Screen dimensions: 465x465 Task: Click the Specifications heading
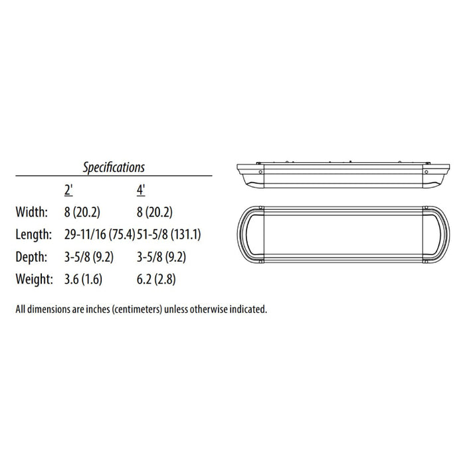[x=114, y=167]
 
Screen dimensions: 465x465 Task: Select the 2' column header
[x=68, y=189]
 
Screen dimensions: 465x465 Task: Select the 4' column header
[x=141, y=189]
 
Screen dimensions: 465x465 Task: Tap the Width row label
[x=31, y=213]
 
